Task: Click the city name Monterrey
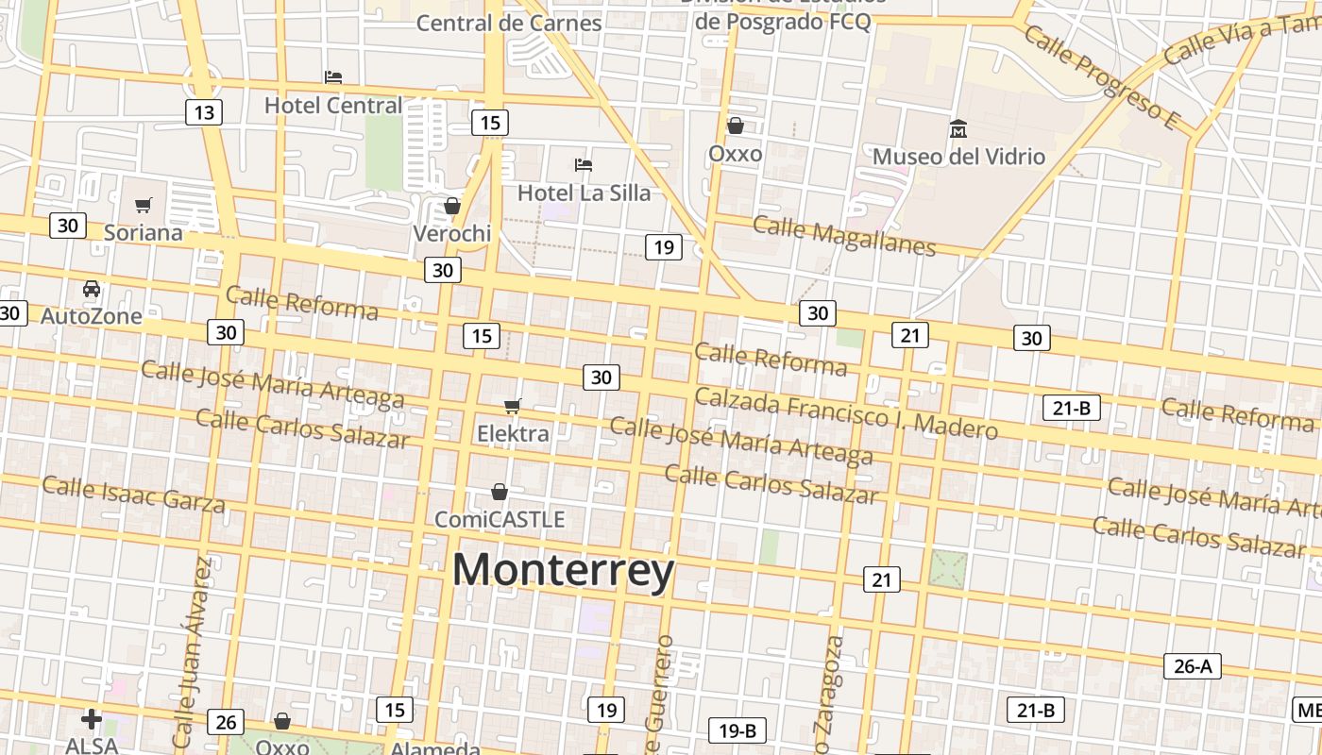coord(563,571)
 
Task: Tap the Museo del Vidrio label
coord(958,157)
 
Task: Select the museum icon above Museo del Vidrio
coord(958,128)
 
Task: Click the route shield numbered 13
coord(203,113)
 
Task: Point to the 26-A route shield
coord(1192,666)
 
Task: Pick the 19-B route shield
coord(737,730)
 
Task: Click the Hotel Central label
coord(333,106)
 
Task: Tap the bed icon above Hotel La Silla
coord(584,165)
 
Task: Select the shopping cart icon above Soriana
coord(144,205)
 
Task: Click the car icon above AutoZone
coord(92,289)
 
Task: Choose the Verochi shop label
coord(452,233)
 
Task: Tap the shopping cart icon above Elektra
coord(513,406)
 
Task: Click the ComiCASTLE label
coord(500,519)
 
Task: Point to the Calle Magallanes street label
coord(844,236)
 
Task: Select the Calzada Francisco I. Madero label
coord(845,415)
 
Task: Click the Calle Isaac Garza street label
coord(133,495)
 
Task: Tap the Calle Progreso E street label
coord(1102,77)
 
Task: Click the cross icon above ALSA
coord(92,720)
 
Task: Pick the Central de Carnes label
coord(509,23)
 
